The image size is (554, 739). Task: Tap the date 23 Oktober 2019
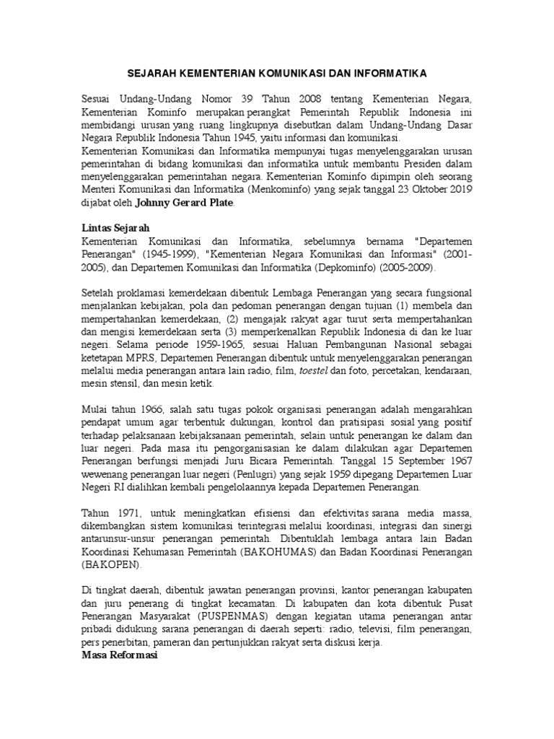[x=427, y=189]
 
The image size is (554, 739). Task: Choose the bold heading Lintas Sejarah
[x=115, y=228]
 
